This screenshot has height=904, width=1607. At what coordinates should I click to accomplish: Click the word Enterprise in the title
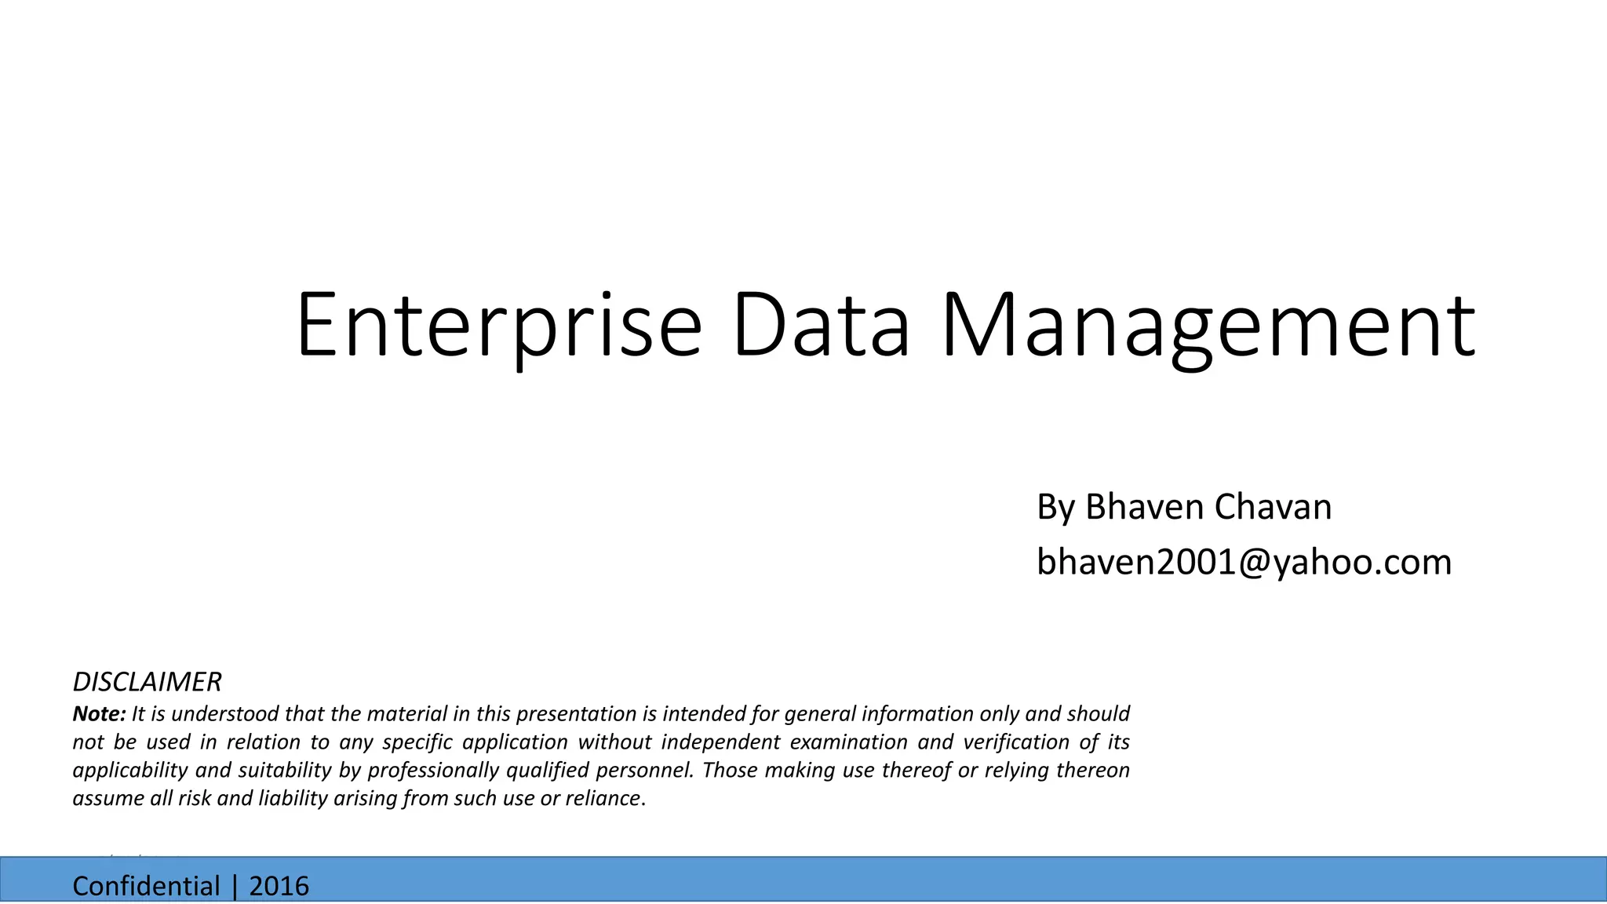click(498, 324)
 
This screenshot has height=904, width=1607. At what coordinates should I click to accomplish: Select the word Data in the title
click(821, 324)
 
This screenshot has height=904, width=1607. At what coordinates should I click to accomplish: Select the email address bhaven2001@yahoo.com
click(1244, 562)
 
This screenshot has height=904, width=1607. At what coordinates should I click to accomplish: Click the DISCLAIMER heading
click(147, 682)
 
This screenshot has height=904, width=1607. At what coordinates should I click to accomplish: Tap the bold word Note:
click(99, 714)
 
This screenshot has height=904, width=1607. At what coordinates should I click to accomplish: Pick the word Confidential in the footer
click(146, 886)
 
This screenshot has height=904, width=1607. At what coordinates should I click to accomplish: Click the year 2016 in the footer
click(279, 886)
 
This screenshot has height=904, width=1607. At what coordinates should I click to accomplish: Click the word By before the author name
click(1055, 507)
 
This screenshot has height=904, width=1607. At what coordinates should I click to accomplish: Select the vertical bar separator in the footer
click(234, 886)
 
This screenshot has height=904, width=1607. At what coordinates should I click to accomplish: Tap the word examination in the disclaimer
click(847, 742)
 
